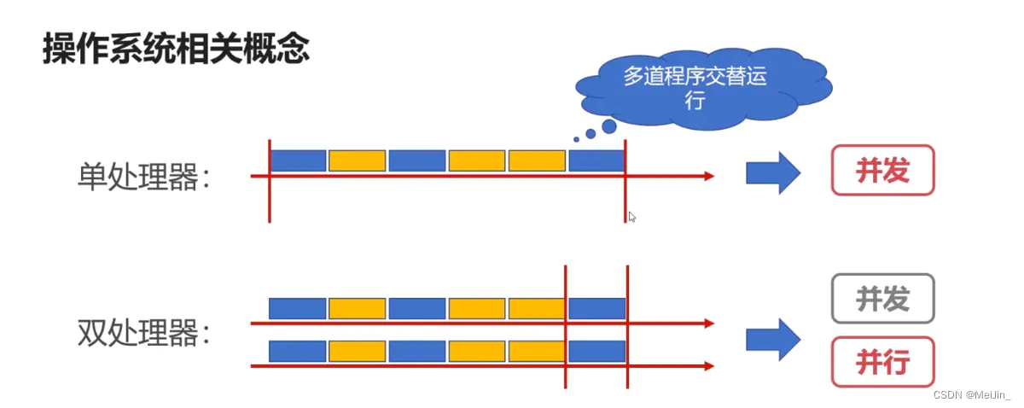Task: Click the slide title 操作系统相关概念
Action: click(x=175, y=49)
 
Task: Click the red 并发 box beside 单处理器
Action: click(x=882, y=171)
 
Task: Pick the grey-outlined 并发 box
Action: click(x=882, y=299)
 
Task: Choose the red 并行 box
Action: click(x=882, y=362)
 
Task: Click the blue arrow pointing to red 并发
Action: click(x=772, y=173)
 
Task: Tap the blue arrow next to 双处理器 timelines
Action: click(x=772, y=339)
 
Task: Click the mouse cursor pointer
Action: click(x=631, y=217)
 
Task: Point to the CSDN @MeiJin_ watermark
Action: click(x=971, y=394)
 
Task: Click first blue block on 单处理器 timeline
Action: click(x=298, y=160)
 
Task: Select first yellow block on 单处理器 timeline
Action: click(x=358, y=160)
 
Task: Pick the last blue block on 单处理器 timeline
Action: click(x=596, y=160)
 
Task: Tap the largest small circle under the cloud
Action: click(x=608, y=126)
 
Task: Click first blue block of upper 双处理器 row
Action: click(x=298, y=308)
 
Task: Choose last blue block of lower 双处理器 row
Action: click(x=596, y=351)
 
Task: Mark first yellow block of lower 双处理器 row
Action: click(x=358, y=351)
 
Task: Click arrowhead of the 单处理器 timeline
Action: click(x=708, y=177)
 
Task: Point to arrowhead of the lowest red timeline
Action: click(x=708, y=366)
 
